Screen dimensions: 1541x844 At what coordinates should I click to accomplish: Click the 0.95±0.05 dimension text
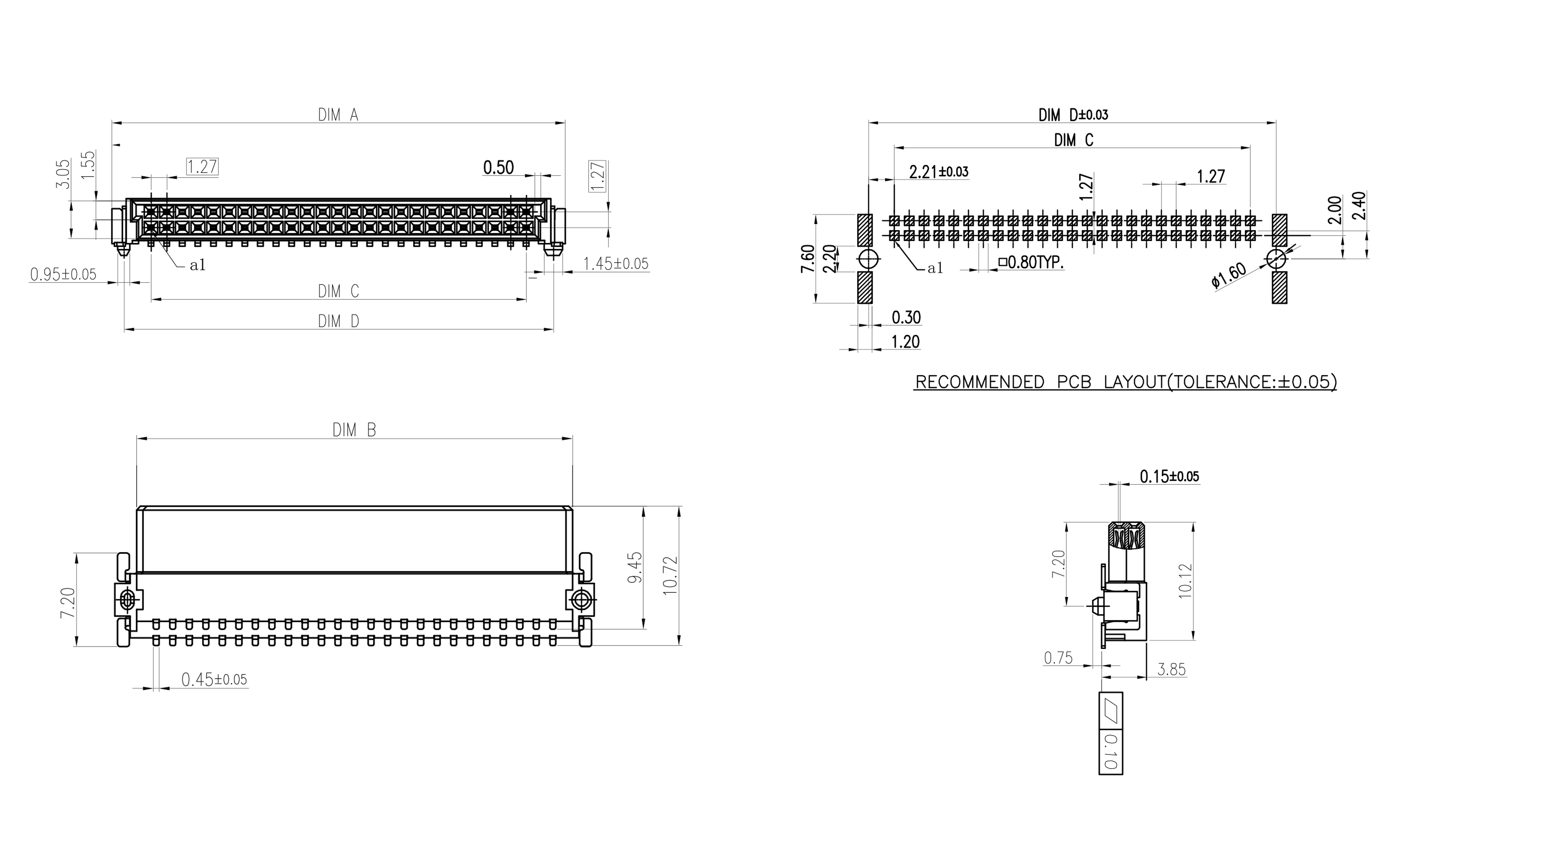click(63, 275)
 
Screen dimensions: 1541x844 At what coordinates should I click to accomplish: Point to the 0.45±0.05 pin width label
click(214, 679)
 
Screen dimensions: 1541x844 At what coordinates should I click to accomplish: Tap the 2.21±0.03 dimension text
click(939, 172)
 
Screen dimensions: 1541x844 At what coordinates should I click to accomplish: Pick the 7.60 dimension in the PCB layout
click(808, 258)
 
